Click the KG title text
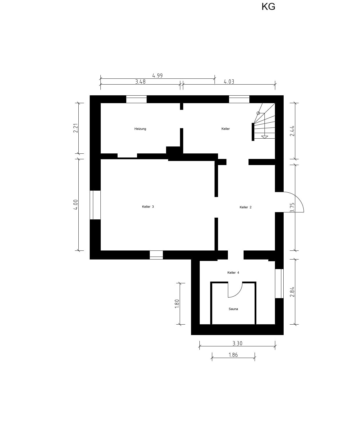268,7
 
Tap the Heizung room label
140,129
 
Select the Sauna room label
233,309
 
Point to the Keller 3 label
148,207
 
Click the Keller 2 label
246,207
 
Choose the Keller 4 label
233,273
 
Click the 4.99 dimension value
157,76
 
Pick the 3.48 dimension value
140,81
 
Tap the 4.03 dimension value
229,81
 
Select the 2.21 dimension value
75,128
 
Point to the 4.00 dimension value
75,205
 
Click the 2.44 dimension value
292,131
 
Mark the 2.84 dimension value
292,292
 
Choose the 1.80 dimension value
177,304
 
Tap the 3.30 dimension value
237,343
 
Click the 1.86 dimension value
233,355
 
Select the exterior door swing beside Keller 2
298,198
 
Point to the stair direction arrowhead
264,137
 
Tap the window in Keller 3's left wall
95,205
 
